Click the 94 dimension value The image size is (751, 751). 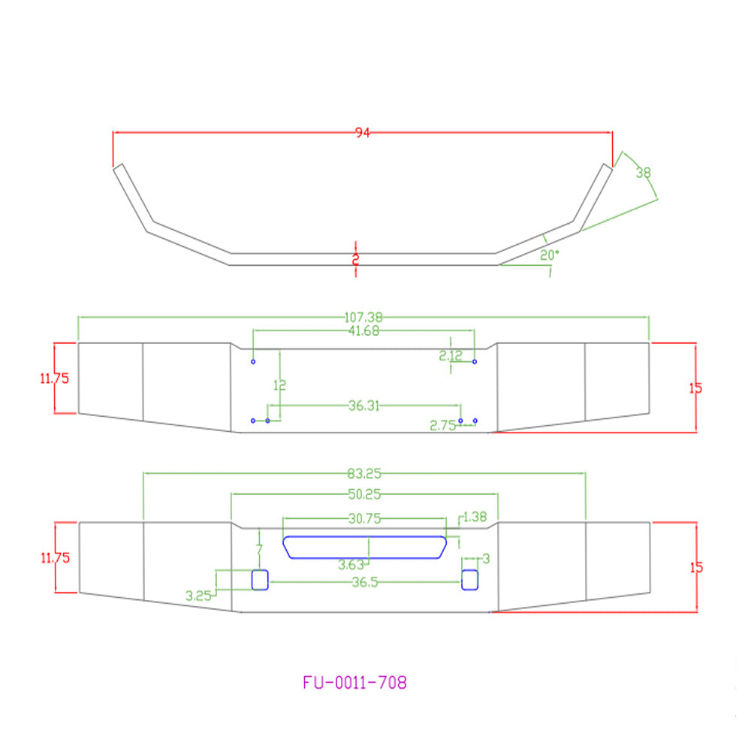[x=363, y=133]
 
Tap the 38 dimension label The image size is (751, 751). [x=644, y=173]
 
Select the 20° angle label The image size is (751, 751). [x=550, y=255]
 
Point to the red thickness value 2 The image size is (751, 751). [x=355, y=260]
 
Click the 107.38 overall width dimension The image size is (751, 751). [x=363, y=317]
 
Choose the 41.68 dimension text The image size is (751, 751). [x=363, y=330]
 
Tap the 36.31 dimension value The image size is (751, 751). [x=364, y=406]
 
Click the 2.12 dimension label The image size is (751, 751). [x=451, y=355]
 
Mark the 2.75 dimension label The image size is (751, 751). [x=442, y=425]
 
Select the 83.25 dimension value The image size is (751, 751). [x=364, y=474]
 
